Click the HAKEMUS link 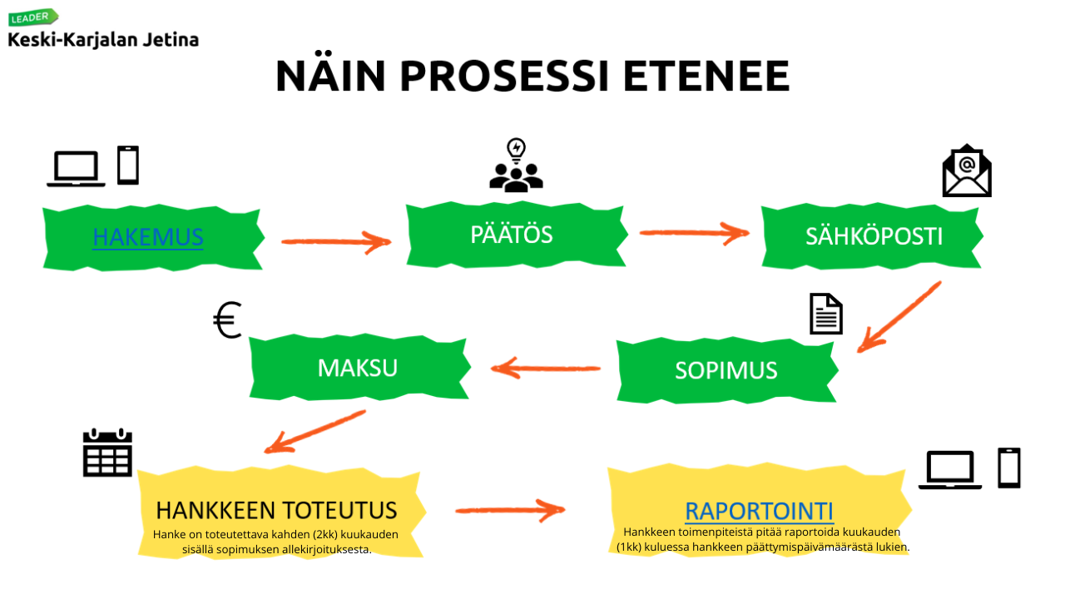[147, 237]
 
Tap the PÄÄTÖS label [511, 235]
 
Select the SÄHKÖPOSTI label [874, 236]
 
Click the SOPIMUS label [726, 369]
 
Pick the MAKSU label [357, 368]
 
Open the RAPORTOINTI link [759, 511]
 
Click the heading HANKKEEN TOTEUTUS [276, 509]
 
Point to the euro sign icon [227, 321]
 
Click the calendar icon [107, 453]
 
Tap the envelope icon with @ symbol [966, 171]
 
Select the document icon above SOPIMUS [825, 314]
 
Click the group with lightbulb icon [516, 166]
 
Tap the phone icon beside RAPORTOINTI [1008, 468]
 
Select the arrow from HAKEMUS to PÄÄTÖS [335, 241]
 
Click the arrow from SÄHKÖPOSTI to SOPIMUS [899, 317]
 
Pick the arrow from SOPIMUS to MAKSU [545, 368]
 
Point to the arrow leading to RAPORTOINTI [509, 508]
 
